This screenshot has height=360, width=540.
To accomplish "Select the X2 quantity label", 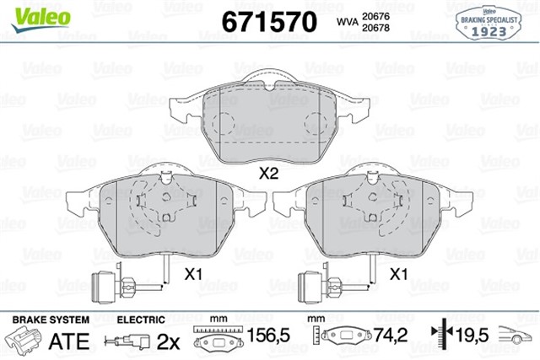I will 268,175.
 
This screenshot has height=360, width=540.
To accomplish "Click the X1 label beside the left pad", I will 194,274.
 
